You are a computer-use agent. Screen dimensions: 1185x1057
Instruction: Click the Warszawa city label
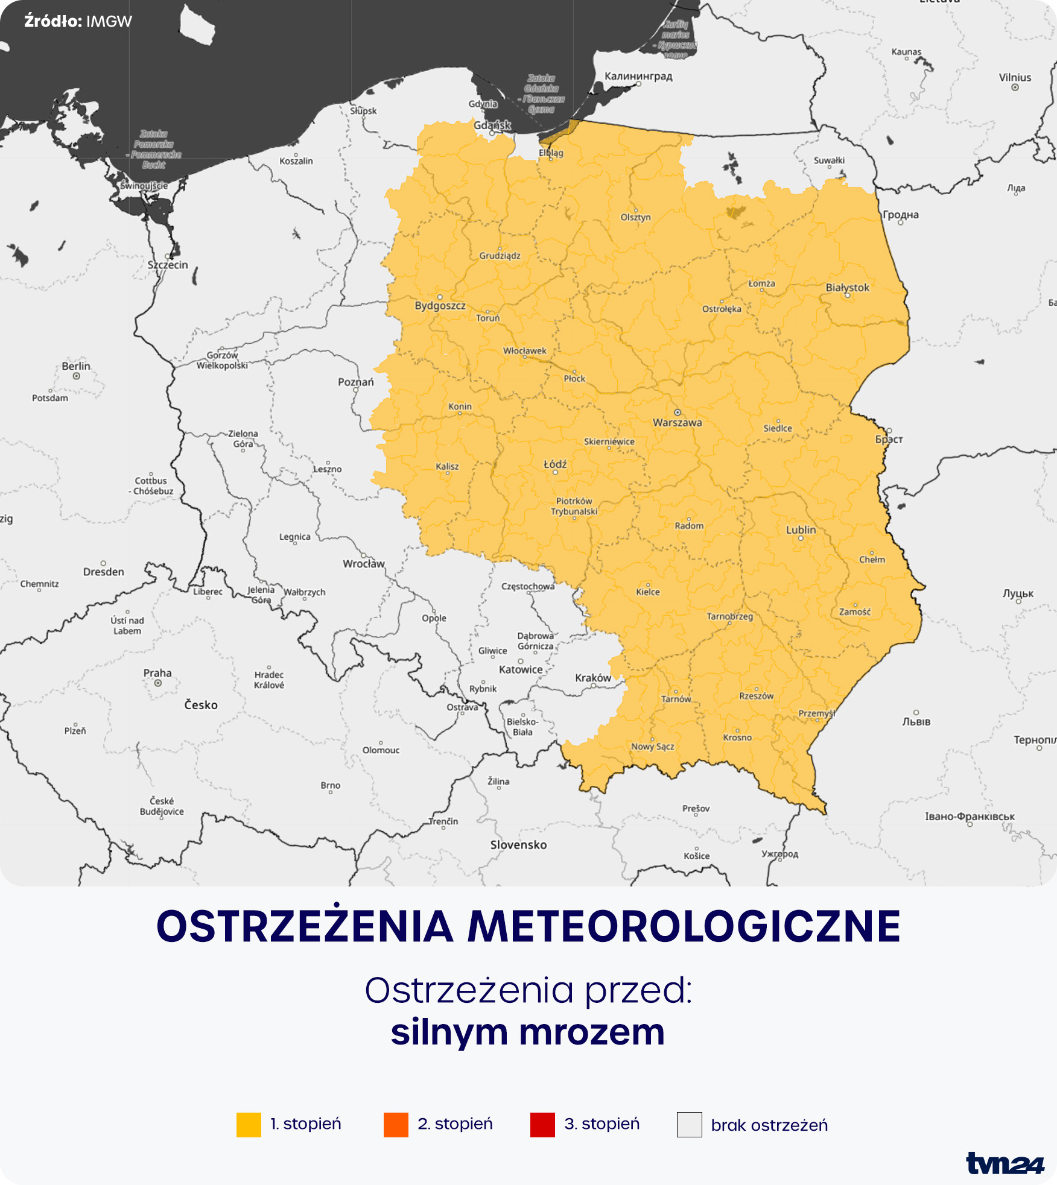(x=677, y=423)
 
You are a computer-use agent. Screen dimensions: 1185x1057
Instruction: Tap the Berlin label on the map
(x=76, y=366)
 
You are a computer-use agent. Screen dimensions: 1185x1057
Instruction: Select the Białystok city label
(x=847, y=288)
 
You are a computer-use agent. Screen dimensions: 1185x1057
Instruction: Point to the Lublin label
(x=801, y=530)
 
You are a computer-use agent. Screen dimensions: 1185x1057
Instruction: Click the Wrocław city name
(x=364, y=564)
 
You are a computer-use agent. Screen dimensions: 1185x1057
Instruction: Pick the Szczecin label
(x=168, y=265)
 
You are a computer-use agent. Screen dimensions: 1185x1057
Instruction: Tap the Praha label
(x=157, y=673)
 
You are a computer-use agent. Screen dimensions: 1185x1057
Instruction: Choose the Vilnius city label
(x=1015, y=77)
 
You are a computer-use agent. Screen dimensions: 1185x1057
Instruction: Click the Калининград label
(x=638, y=77)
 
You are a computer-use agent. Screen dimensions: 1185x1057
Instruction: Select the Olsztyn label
(x=635, y=217)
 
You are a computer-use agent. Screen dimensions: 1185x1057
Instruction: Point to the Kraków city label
(x=593, y=678)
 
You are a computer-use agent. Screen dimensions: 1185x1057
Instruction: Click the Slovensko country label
(x=518, y=845)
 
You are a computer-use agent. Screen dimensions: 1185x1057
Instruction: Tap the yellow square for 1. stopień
(x=249, y=1125)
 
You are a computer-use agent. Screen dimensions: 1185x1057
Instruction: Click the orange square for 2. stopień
(x=396, y=1125)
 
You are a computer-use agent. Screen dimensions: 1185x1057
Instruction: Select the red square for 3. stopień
(x=542, y=1125)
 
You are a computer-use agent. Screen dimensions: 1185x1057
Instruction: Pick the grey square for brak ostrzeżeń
(x=689, y=1125)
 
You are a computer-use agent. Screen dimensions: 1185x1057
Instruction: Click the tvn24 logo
(x=1005, y=1163)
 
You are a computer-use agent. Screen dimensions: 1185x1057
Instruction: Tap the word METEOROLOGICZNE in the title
(x=684, y=927)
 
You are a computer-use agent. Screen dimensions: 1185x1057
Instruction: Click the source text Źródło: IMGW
(x=78, y=22)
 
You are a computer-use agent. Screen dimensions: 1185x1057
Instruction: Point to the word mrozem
(x=592, y=1032)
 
